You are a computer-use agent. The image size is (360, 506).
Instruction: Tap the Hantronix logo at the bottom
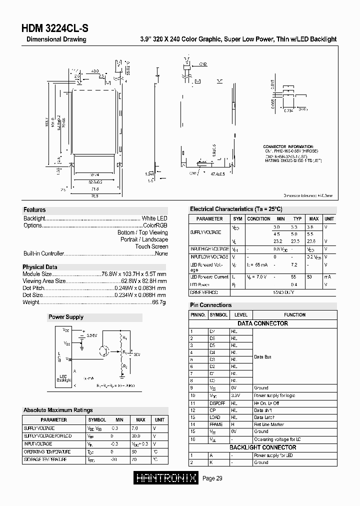166,478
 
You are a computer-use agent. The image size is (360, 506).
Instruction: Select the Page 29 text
212,478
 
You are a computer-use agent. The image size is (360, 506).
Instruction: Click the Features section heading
34,210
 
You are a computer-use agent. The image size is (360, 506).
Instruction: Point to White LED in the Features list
154,218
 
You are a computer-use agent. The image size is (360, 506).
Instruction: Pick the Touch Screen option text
151,246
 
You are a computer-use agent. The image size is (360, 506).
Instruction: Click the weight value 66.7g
159,302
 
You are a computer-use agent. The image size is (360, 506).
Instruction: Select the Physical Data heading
40,267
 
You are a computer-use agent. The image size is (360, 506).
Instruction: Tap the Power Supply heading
66,317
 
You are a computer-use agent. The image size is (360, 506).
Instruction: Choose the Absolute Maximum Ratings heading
58,410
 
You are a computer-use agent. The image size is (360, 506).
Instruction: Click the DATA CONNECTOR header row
262,323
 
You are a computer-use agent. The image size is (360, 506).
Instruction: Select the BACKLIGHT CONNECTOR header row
262,447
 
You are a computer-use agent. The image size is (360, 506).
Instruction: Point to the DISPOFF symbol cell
218,403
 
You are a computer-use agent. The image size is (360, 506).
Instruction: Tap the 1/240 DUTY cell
282,292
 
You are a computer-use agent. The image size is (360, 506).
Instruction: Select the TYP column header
297,219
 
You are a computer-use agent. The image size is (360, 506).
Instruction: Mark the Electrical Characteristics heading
236,209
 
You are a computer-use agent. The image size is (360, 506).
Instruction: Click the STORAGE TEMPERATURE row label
45,459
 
